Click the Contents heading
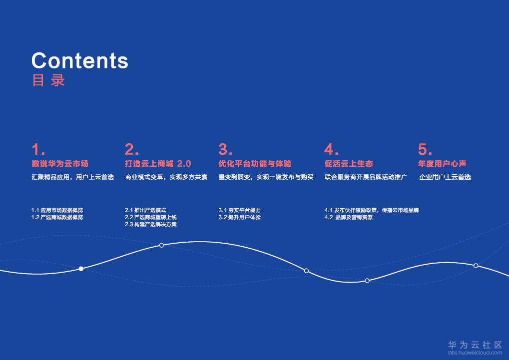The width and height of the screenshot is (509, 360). [80, 61]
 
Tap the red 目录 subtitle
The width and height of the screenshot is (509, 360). [48, 80]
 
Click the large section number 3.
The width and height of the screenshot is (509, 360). [225, 150]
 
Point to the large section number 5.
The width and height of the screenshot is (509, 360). [425, 150]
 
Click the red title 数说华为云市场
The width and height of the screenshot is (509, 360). [60, 164]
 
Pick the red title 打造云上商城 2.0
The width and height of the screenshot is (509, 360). [158, 164]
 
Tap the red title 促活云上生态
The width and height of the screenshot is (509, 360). [349, 164]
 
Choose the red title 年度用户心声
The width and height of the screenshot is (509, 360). [442, 164]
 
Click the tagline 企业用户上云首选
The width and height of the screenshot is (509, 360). [445, 177]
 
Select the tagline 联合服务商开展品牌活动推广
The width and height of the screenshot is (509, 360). [366, 177]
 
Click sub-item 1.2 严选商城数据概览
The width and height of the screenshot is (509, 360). [57, 217]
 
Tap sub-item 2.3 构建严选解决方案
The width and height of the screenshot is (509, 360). [151, 224]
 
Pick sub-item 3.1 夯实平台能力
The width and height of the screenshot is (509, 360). [240, 210]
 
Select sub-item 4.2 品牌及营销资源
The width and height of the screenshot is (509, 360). [349, 217]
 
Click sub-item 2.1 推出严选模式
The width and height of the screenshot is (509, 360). [145, 210]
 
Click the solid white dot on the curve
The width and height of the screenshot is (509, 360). [81, 269]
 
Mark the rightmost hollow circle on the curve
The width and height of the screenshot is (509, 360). [476, 266]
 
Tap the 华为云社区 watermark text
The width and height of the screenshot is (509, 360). [475, 345]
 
